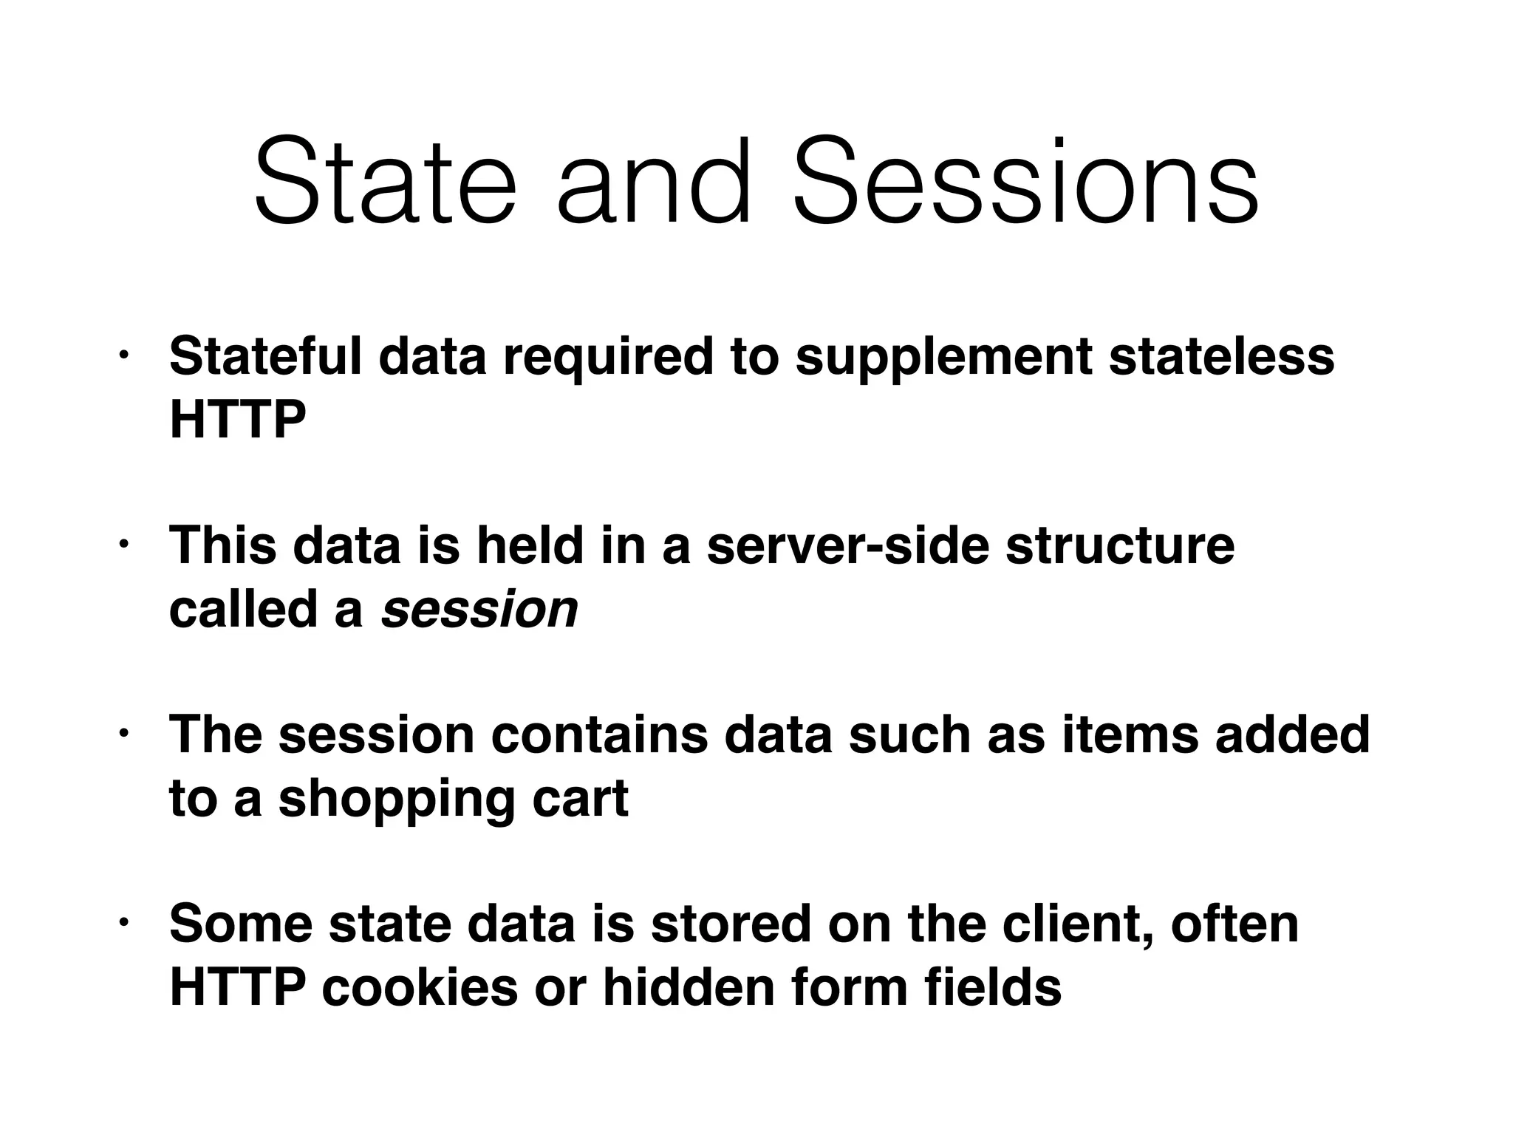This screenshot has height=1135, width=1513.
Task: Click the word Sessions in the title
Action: click(1025, 183)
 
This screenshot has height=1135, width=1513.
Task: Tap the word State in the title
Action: click(384, 183)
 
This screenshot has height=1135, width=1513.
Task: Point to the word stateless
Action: click(1222, 357)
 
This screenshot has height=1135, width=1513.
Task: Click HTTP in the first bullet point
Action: click(237, 420)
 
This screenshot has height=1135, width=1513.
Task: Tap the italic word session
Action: click(479, 610)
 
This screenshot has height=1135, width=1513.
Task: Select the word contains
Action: click(599, 735)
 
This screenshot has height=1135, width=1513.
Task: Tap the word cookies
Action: click(420, 988)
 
